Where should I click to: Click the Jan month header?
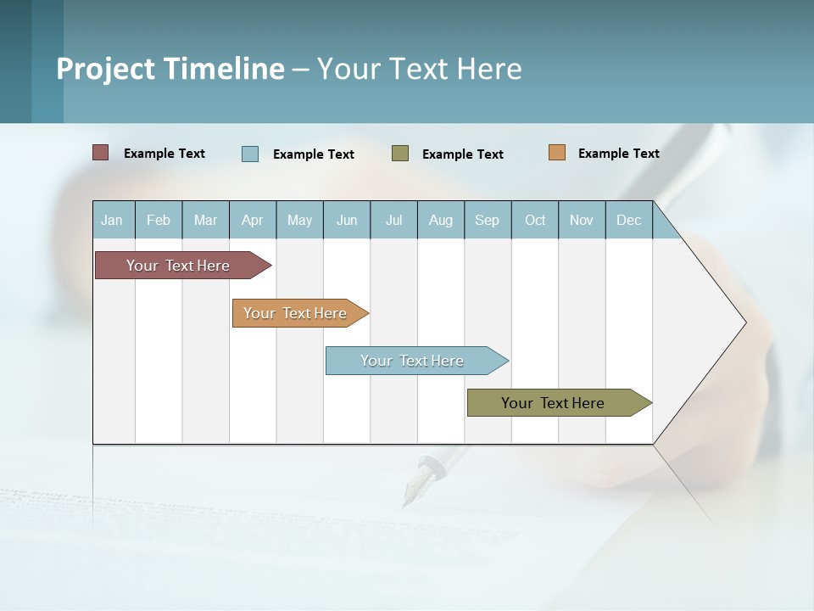(112, 220)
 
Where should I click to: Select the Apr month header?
(253, 220)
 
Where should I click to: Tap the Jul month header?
(393, 220)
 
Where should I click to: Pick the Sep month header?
(487, 220)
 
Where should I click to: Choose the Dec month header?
(628, 220)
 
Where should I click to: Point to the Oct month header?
(535, 220)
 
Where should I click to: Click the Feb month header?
(159, 220)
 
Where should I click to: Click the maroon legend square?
(101, 153)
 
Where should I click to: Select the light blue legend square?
(250, 154)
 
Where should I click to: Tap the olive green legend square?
(400, 154)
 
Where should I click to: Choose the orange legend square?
(556, 153)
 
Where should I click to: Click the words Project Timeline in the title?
(170, 69)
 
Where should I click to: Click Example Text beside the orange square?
(618, 154)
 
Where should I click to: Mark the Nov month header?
(582, 220)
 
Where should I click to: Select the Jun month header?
(347, 220)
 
